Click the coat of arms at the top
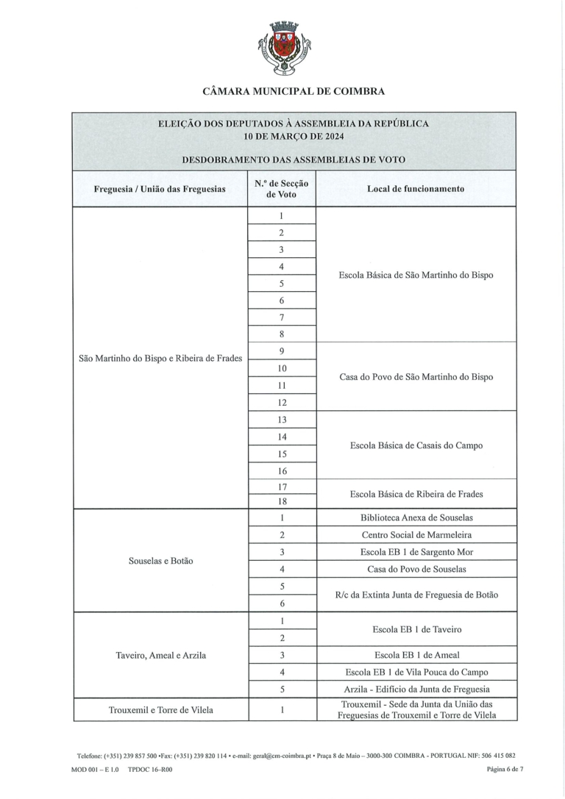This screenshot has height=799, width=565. tap(282, 49)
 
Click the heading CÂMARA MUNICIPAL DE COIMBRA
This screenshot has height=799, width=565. tap(294, 92)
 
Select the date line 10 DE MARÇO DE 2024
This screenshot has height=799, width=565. tap(294, 136)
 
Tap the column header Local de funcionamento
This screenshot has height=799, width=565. tap(415, 189)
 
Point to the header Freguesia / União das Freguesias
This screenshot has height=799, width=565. tap(160, 189)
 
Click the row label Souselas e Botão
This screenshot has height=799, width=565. tap(160, 560)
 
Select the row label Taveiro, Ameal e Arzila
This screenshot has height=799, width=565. tap(160, 655)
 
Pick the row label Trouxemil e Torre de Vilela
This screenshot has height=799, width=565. tap(160, 710)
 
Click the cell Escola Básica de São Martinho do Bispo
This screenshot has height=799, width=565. tap(416, 275)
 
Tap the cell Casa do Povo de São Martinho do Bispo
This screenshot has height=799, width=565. tap(416, 377)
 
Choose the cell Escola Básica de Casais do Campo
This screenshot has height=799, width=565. tap(416, 445)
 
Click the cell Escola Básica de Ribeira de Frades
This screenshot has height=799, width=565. tap(416, 494)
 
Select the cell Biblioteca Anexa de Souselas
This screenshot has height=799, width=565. tap(416, 517)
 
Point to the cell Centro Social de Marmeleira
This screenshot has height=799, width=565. tap(416, 535)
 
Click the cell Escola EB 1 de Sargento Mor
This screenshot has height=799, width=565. tap(416, 552)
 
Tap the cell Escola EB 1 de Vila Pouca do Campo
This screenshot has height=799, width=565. tap(416, 672)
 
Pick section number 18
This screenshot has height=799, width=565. tap(282, 502)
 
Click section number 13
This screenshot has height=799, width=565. tap(282, 420)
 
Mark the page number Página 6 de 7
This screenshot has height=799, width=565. tap(505, 769)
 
